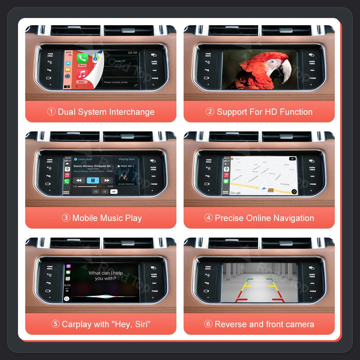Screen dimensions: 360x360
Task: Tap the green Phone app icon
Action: (82, 58)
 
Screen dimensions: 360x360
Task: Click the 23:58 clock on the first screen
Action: (132, 53)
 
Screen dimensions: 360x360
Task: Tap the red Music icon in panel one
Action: (82, 75)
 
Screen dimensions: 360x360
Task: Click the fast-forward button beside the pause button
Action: (107, 180)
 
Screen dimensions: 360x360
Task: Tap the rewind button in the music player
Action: (79, 180)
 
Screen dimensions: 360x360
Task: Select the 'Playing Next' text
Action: (127, 159)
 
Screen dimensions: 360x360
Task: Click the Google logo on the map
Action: (235, 193)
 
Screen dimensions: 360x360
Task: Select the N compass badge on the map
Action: (292, 159)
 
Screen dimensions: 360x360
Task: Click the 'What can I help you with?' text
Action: (105, 276)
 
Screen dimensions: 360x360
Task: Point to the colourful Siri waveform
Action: (104, 297)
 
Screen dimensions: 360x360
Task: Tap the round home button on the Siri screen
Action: (67, 299)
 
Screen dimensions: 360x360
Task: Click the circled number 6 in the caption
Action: (208, 324)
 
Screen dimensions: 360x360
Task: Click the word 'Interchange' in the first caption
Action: (132, 112)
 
